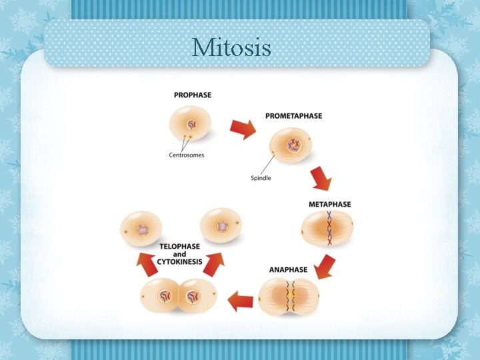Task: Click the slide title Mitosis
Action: click(x=231, y=48)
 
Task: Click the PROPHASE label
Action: click(x=193, y=95)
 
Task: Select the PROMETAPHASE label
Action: click(x=293, y=116)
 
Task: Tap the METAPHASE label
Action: click(x=329, y=204)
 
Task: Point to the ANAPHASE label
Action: click(x=288, y=270)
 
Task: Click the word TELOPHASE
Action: click(x=179, y=247)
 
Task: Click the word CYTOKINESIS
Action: click(x=180, y=262)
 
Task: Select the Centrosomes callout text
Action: click(x=186, y=155)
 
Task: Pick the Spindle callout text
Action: click(x=261, y=178)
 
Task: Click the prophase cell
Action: click(x=191, y=124)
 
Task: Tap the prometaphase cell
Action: click(x=292, y=145)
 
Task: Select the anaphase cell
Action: click(x=289, y=296)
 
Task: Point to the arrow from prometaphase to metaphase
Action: click(x=320, y=178)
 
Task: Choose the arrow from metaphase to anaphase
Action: click(x=324, y=265)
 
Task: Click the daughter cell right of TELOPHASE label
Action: click(x=221, y=227)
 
